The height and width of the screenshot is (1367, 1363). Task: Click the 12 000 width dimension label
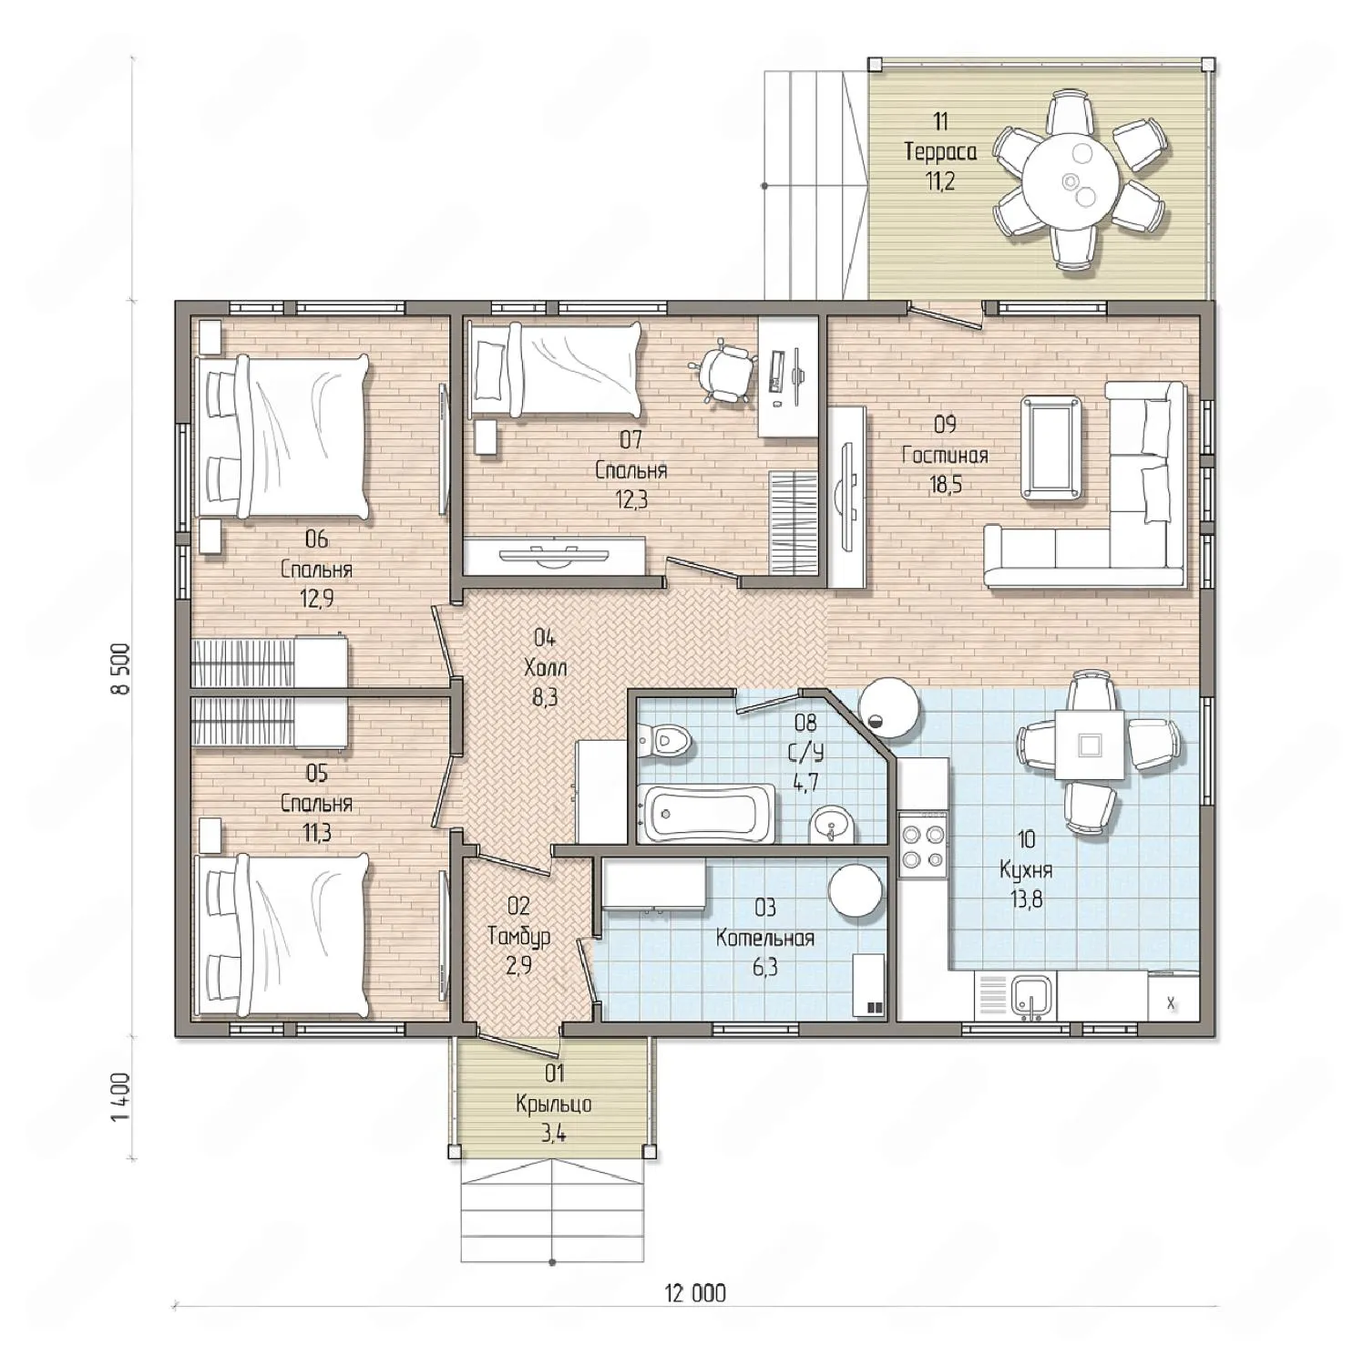(x=696, y=1292)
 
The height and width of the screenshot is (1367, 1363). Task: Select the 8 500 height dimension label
(x=121, y=669)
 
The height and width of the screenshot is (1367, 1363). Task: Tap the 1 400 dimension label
(x=121, y=1097)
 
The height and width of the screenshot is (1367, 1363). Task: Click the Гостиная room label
(x=945, y=454)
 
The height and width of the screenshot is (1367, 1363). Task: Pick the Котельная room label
(x=765, y=937)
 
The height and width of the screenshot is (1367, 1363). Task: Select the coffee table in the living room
(x=1053, y=447)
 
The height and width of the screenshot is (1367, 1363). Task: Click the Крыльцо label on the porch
(x=553, y=1104)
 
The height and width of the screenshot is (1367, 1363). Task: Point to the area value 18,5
(x=945, y=483)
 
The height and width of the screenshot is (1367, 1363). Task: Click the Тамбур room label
(x=518, y=935)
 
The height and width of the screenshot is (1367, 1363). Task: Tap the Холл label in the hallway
(x=545, y=667)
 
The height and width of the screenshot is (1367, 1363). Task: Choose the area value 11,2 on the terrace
(x=940, y=180)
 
